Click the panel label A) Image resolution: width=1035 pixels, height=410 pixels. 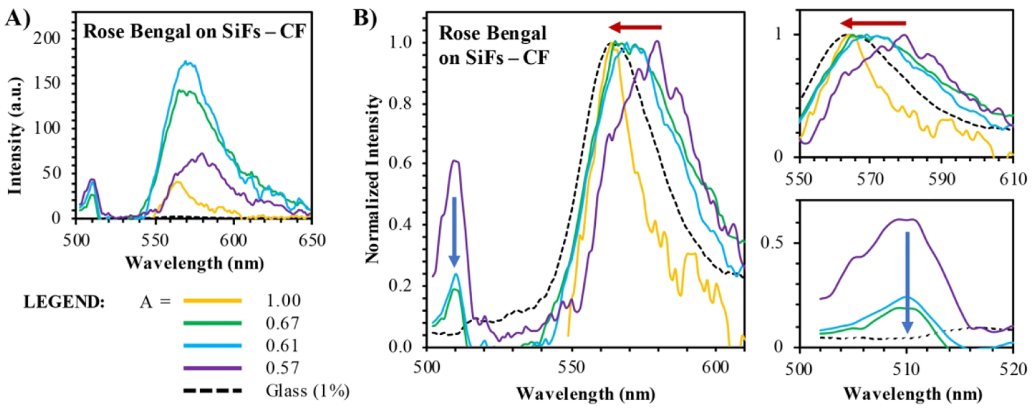click(x=17, y=18)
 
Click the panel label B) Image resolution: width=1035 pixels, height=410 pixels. click(x=365, y=18)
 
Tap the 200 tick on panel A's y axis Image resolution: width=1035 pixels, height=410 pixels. click(x=47, y=38)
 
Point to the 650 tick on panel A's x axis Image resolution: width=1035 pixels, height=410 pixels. click(x=312, y=239)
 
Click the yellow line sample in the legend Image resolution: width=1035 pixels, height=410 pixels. click(x=212, y=301)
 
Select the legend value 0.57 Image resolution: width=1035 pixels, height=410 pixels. click(x=282, y=368)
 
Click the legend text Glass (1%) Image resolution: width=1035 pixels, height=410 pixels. click(x=307, y=391)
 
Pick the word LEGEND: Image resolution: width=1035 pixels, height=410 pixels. click(x=64, y=301)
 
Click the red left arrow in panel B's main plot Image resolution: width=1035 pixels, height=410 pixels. click(x=635, y=27)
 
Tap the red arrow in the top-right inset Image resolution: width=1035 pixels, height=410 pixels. click(x=872, y=24)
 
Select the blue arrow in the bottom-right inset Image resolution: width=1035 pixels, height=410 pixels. click(x=907, y=282)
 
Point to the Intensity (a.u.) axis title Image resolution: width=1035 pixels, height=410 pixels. click(x=14, y=135)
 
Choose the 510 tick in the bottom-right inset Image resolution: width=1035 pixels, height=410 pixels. click(x=907, y=369)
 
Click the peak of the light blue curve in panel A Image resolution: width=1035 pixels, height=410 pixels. click(x=186, y=61)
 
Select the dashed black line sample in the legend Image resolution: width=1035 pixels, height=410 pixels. click(x=212, y=391)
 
